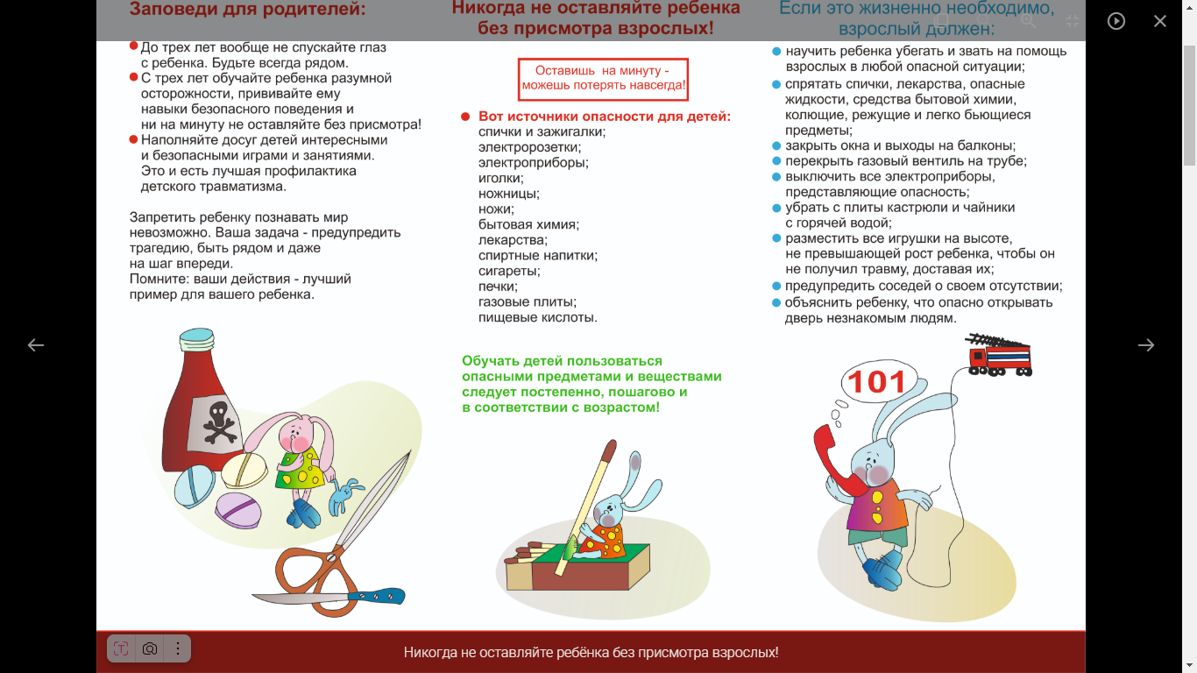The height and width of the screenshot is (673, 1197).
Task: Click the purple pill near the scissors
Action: [238, 511]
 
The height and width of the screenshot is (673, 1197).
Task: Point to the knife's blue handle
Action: [377, 595]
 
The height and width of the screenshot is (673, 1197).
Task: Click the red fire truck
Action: [999, 355]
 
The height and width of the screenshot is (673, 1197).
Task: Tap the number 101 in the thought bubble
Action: [876, 382]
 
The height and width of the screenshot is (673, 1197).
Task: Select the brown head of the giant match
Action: [610, 450]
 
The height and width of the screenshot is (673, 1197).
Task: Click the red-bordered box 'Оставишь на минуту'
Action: [603, 79]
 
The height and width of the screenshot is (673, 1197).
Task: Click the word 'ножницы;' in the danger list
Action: [509, 194]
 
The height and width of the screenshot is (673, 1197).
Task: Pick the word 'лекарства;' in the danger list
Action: [513, 240]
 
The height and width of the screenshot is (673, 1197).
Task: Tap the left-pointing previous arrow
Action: [36, 344]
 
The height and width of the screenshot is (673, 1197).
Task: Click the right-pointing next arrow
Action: [1145, 344]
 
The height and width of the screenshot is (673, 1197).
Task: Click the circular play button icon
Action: [1116, 21]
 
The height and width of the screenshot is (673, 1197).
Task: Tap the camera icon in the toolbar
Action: [150, 648]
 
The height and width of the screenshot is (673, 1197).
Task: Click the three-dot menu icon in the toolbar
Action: [177, 648]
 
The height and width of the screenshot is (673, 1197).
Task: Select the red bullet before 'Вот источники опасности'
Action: [465, 117]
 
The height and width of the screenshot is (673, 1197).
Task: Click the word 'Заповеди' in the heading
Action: [172, 9]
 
